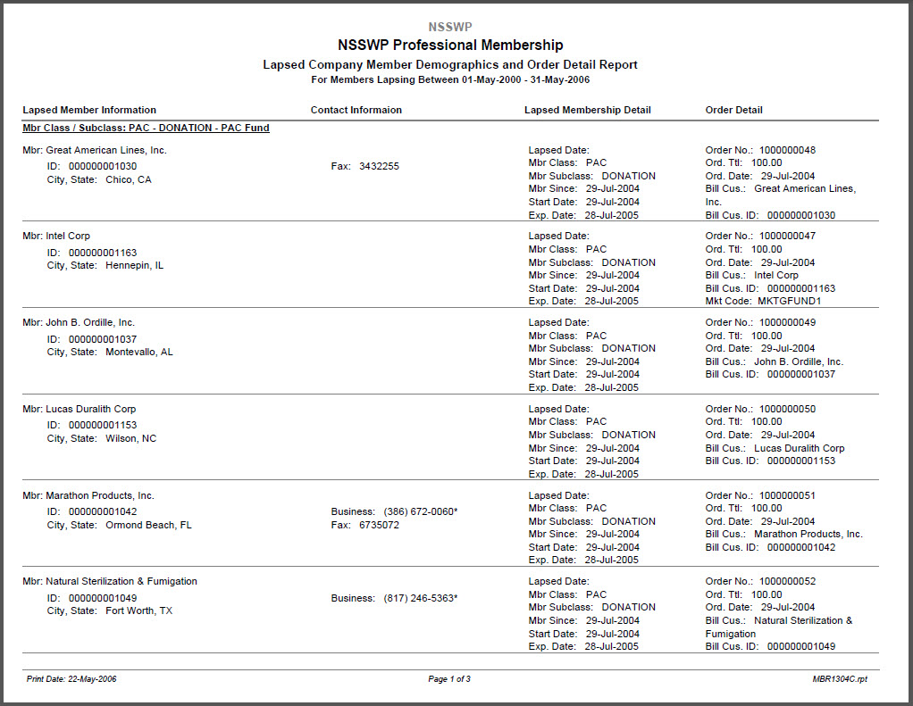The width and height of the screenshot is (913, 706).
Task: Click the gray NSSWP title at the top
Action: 449,27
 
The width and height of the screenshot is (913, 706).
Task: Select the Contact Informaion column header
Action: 356,111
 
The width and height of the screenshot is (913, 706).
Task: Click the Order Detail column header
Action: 733,111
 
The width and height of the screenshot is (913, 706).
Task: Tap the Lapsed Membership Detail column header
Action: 587,111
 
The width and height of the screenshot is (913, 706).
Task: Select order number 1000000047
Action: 787,237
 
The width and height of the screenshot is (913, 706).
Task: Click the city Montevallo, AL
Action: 139,353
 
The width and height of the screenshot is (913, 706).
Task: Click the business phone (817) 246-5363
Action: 419,599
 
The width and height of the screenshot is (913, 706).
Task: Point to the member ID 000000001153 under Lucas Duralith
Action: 103,426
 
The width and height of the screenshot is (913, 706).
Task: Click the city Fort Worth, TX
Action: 138,611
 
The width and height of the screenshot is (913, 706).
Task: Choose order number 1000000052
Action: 787,582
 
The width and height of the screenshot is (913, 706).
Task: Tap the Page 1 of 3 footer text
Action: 449,679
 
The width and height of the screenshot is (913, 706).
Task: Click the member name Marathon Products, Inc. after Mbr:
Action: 100,496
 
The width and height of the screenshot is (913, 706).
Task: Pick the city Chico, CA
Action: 129,180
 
